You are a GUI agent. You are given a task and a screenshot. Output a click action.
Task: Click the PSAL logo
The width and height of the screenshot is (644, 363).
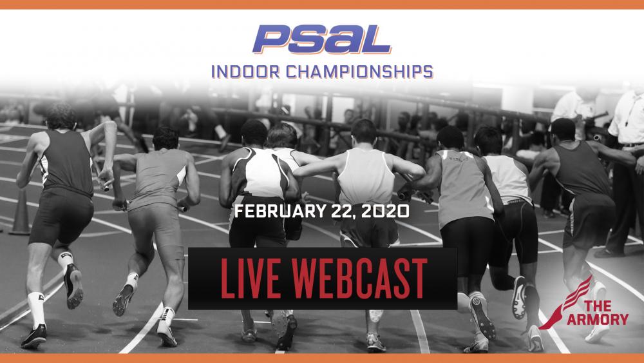coord(321,39)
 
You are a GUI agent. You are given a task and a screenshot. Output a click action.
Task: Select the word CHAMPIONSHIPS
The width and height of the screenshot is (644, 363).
coord(359,72)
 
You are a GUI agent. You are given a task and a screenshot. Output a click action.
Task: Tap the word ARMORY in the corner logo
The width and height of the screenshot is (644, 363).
coord(598,319)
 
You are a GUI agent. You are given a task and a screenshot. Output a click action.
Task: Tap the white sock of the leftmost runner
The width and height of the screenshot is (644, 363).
coord(36,309)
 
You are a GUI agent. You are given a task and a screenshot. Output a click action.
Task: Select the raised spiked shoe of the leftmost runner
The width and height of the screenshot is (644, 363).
coord(74,286)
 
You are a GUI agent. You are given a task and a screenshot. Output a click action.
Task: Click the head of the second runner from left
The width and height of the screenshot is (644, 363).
coord(166,138)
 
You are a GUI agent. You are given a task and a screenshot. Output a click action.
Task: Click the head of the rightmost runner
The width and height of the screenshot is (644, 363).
coord(563,130)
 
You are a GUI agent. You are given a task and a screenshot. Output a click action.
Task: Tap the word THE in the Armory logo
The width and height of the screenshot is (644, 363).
coord(598,306)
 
